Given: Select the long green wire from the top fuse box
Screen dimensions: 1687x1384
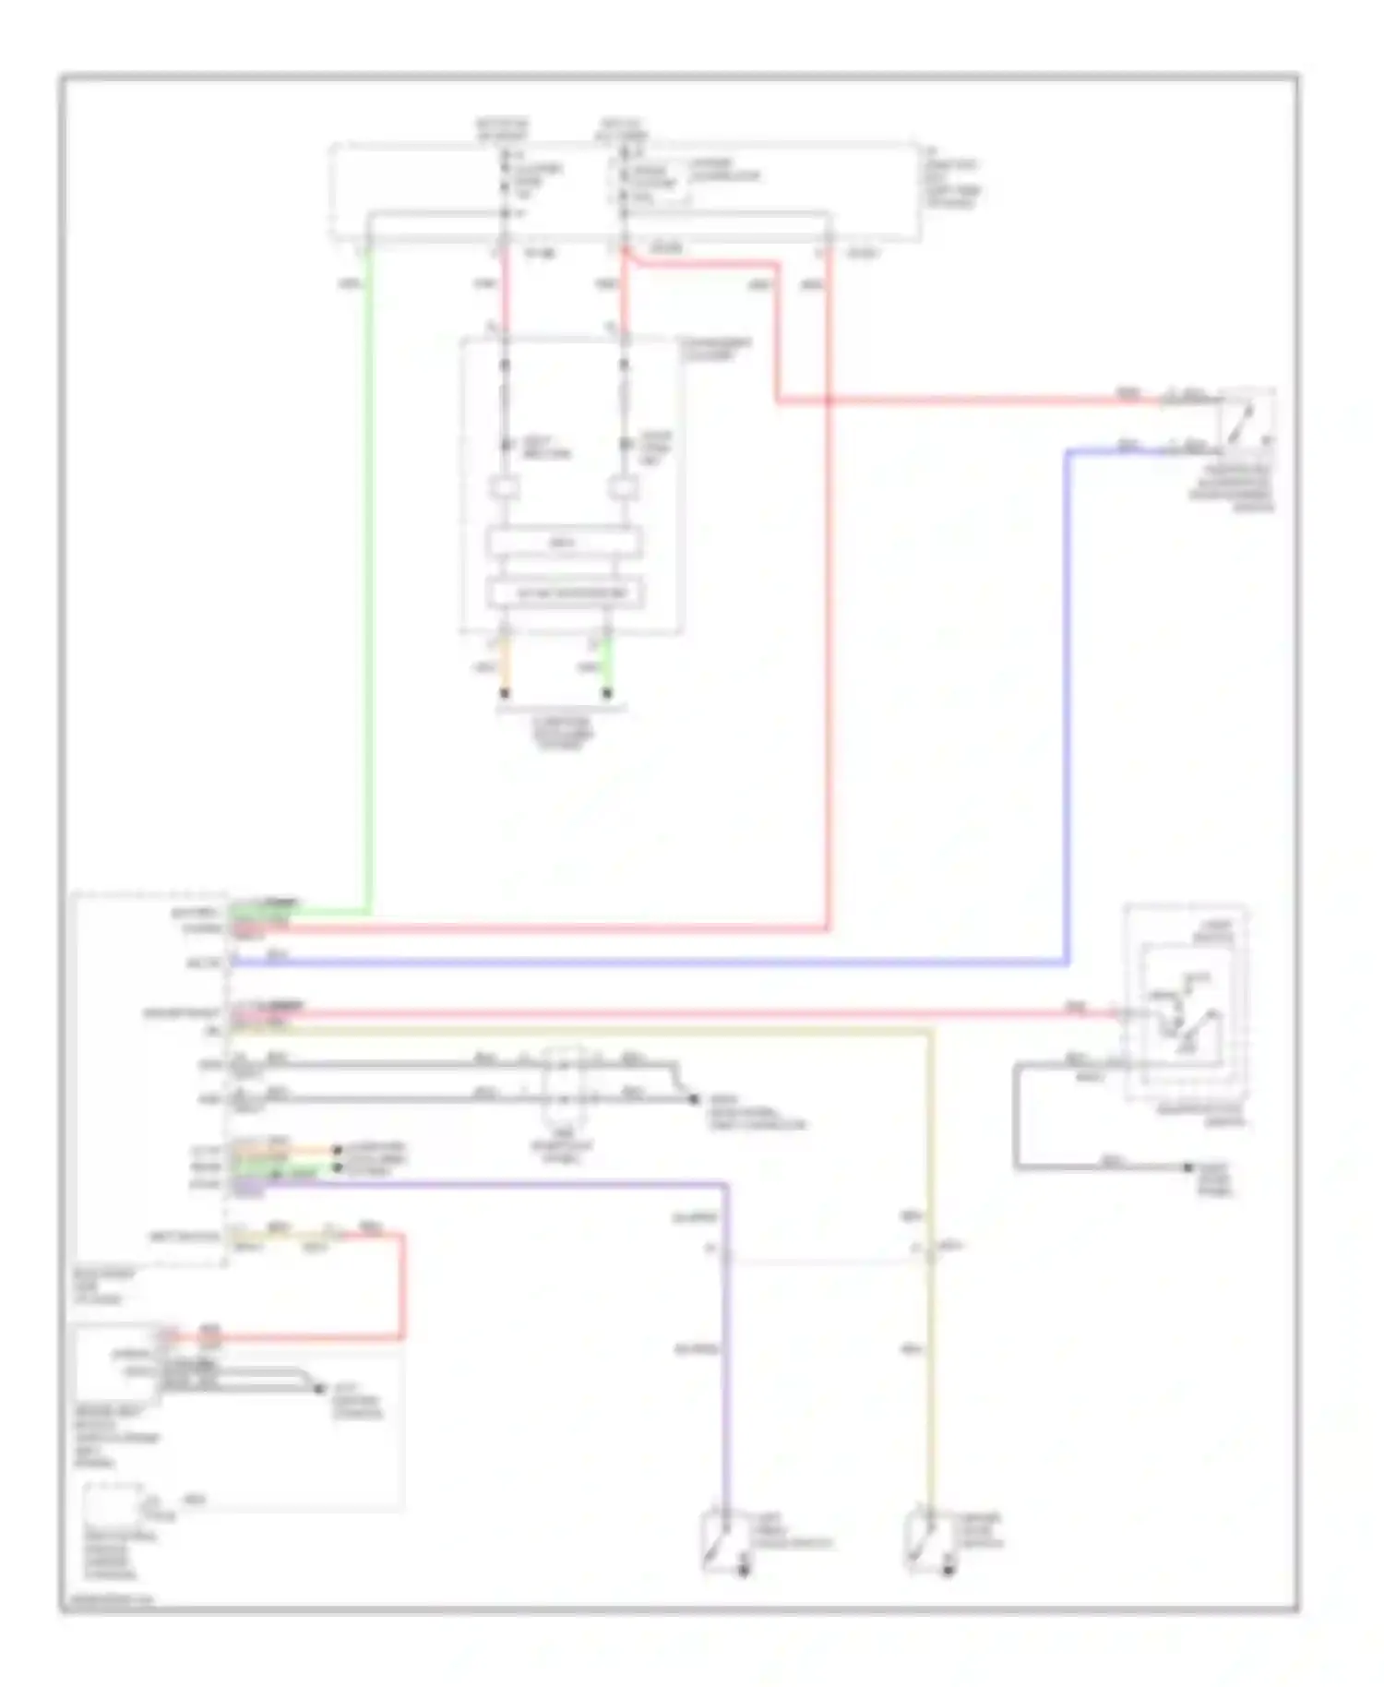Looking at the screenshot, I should [x=370, y=572].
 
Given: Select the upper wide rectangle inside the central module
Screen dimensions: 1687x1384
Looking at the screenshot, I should [x=564, y=543].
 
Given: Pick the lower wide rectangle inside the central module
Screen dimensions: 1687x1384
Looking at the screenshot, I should [x=564, y=592].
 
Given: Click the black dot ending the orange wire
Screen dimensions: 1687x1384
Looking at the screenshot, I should [x=505, y=693].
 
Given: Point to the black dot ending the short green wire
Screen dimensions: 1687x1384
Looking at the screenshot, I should [x=606, y=693].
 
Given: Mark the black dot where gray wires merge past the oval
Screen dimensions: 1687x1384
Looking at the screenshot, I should [x=694, y=1098].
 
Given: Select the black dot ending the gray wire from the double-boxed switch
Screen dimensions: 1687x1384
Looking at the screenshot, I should [x=1189, y=1167].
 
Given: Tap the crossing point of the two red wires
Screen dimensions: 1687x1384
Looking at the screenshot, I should [x=828, y=401].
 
